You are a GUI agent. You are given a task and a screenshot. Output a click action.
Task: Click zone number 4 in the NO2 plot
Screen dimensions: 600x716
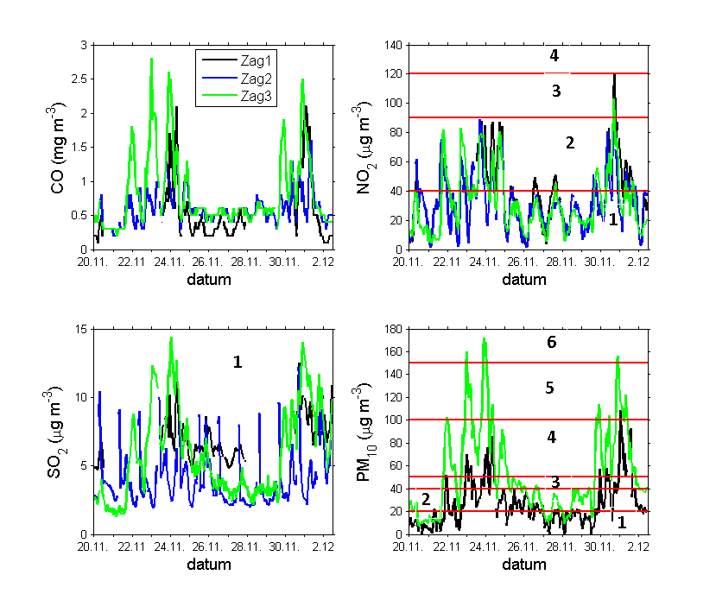(554, 56)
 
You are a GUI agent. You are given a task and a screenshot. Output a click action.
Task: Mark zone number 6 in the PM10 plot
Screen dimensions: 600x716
(551, 343)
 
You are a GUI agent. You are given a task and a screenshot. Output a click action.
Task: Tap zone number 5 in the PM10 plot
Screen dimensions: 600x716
(549, 388)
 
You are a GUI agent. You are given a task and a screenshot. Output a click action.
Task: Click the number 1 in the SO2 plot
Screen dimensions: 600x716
(237, 363)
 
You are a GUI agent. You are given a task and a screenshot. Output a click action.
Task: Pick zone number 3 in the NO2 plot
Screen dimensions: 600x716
(556, 92)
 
